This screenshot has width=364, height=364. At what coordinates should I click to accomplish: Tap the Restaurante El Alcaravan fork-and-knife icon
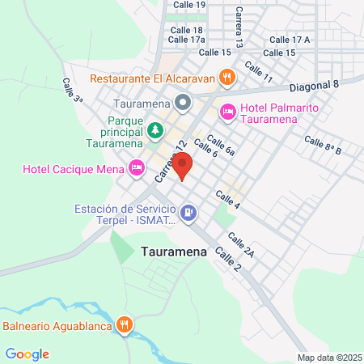228,78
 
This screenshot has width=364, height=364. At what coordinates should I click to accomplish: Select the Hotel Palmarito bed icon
227,112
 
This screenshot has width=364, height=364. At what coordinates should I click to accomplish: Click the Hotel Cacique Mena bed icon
137,168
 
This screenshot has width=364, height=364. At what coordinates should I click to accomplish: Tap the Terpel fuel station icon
188,213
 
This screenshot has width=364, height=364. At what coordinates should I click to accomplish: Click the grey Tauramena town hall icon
183,104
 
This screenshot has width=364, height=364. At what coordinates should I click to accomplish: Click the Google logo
27,353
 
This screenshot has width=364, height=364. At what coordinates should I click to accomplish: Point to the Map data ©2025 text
328,358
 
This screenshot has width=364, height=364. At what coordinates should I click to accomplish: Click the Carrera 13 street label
239,28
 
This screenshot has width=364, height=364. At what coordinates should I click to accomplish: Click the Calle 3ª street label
73,89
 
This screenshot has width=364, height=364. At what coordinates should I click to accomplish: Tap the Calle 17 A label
290,40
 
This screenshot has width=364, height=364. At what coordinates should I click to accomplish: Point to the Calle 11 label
258,74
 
